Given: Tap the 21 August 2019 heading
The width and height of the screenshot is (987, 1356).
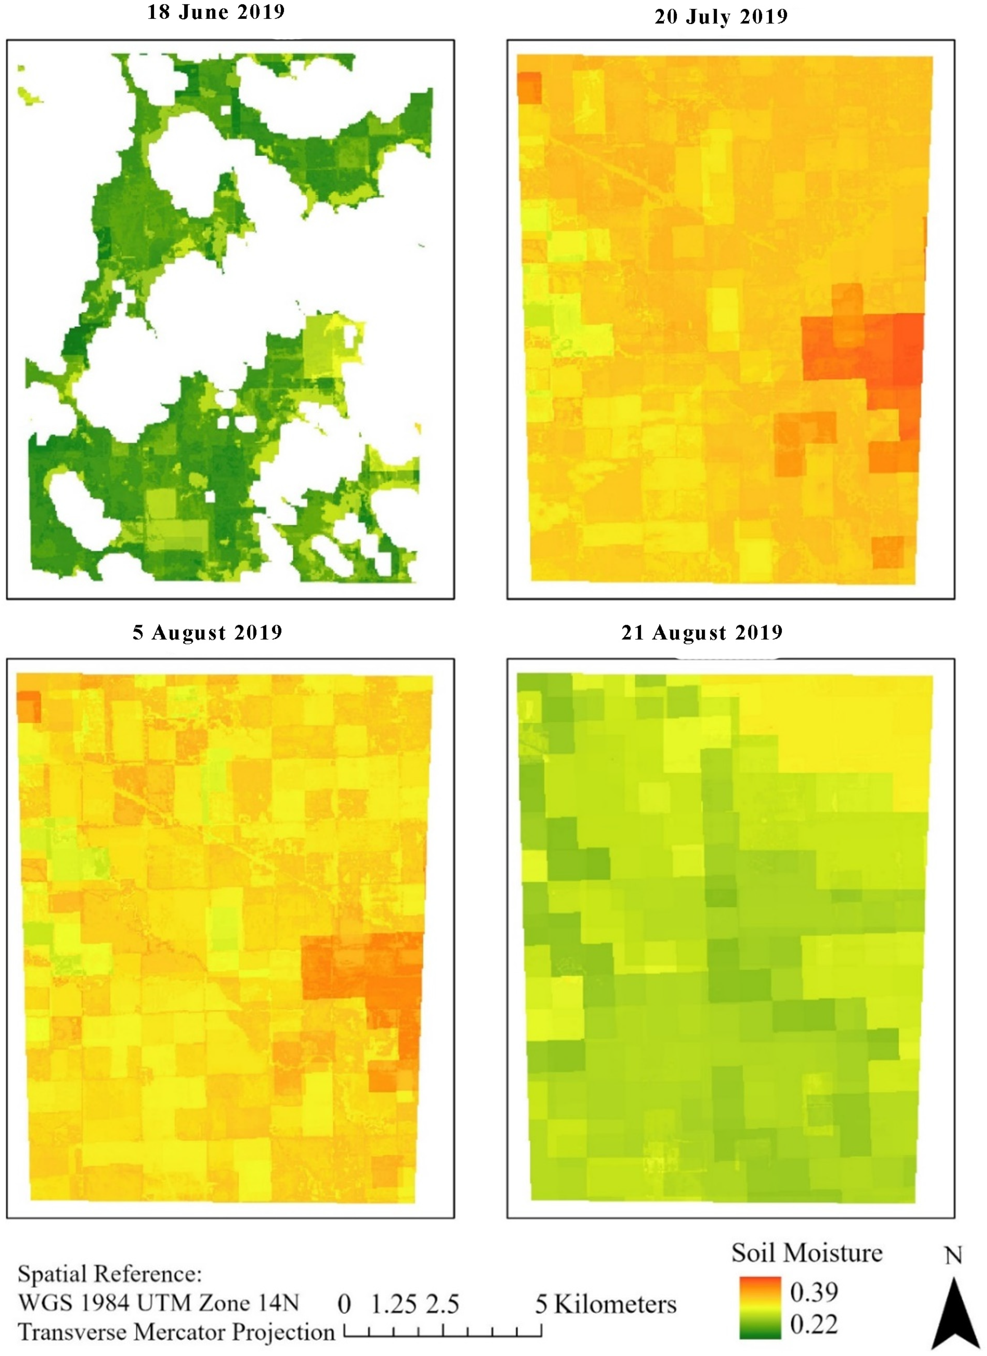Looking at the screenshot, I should (x=702, y=633).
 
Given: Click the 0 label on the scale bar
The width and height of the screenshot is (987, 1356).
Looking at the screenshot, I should (x=344, y=1304).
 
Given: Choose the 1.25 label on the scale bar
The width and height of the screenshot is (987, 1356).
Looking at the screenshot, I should (x=393, y=1304).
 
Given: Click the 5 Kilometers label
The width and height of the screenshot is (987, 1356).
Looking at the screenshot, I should (x=605, y=1304).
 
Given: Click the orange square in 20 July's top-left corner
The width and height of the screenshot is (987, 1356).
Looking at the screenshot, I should (x=529, y=88).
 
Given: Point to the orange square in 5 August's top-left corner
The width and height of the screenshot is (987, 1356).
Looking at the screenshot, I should (x=29, y=707).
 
